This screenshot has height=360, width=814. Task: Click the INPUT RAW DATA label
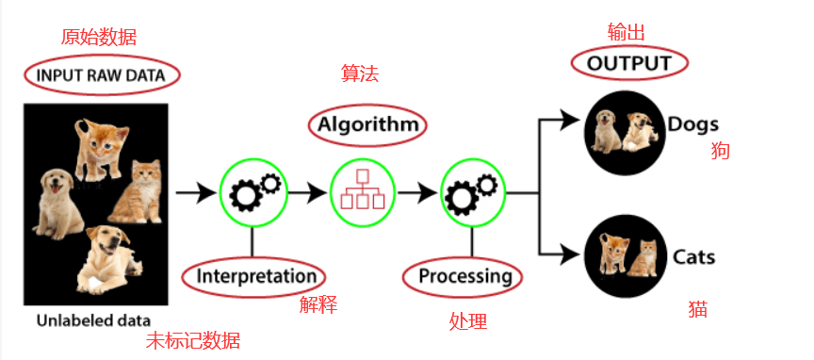pyautogui.click(x=102, y=74)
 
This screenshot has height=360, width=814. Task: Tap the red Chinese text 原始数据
pyautogui.click(x=99, y=38)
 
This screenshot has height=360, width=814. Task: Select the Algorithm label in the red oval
pyautogui.click(x=367, y=124)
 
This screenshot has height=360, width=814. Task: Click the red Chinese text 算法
pyautogui.click(x=360, y=74)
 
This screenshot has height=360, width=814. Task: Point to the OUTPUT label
pyautogui.click(x=630, y=63)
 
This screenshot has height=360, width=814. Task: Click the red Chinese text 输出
pyautogui.click(x=627, y=32)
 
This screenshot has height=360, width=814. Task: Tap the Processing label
pyautogui.click(x=464, y=277)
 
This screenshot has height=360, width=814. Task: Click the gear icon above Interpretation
pyautogui.click(x=253, y=192)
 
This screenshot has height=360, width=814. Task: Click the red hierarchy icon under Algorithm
pyautogui.click(x=363, y=192)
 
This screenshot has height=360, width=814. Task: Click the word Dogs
pyautogui.click(x=693, y=124)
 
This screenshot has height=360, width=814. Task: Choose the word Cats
pyautogui.click(x=693, y=256)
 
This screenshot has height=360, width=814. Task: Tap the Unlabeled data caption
pyautogui.click(x=93, y=320)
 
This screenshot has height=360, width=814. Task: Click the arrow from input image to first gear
pyautogui.click(x=195, y=192)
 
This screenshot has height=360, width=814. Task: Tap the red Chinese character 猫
pyautogui.click(x=698, y=310)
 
